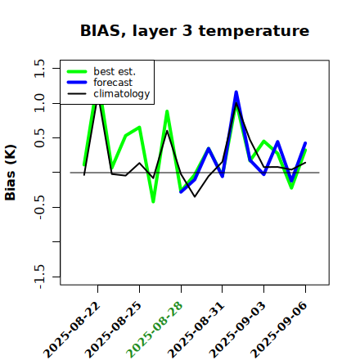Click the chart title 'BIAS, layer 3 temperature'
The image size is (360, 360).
point(195,31)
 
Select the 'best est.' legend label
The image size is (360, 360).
point(115,71)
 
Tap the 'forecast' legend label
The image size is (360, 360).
point(113,83)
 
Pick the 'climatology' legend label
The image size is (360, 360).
point(122,94)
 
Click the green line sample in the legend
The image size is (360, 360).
point(77,71)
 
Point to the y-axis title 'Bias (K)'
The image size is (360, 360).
point(11,173)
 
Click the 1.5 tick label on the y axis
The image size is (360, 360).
point(39,68)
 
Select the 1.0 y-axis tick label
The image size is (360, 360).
point(39,103)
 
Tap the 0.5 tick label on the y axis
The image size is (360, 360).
point(39,138)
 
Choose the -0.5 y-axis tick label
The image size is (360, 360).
point(39,208)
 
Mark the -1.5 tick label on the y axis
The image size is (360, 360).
point(39,277)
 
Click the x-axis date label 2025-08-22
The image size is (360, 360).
point(72,330)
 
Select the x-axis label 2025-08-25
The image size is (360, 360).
point(114,330)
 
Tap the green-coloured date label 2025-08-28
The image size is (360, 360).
point(155,330)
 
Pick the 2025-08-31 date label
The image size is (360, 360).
point(196,330)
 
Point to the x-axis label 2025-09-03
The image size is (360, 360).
point(237,330)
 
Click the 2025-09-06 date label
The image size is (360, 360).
point(279,330)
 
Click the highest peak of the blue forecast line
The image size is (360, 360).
point(236,92)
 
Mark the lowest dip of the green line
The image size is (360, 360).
point(153,202)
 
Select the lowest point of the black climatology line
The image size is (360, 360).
point(195,196)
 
